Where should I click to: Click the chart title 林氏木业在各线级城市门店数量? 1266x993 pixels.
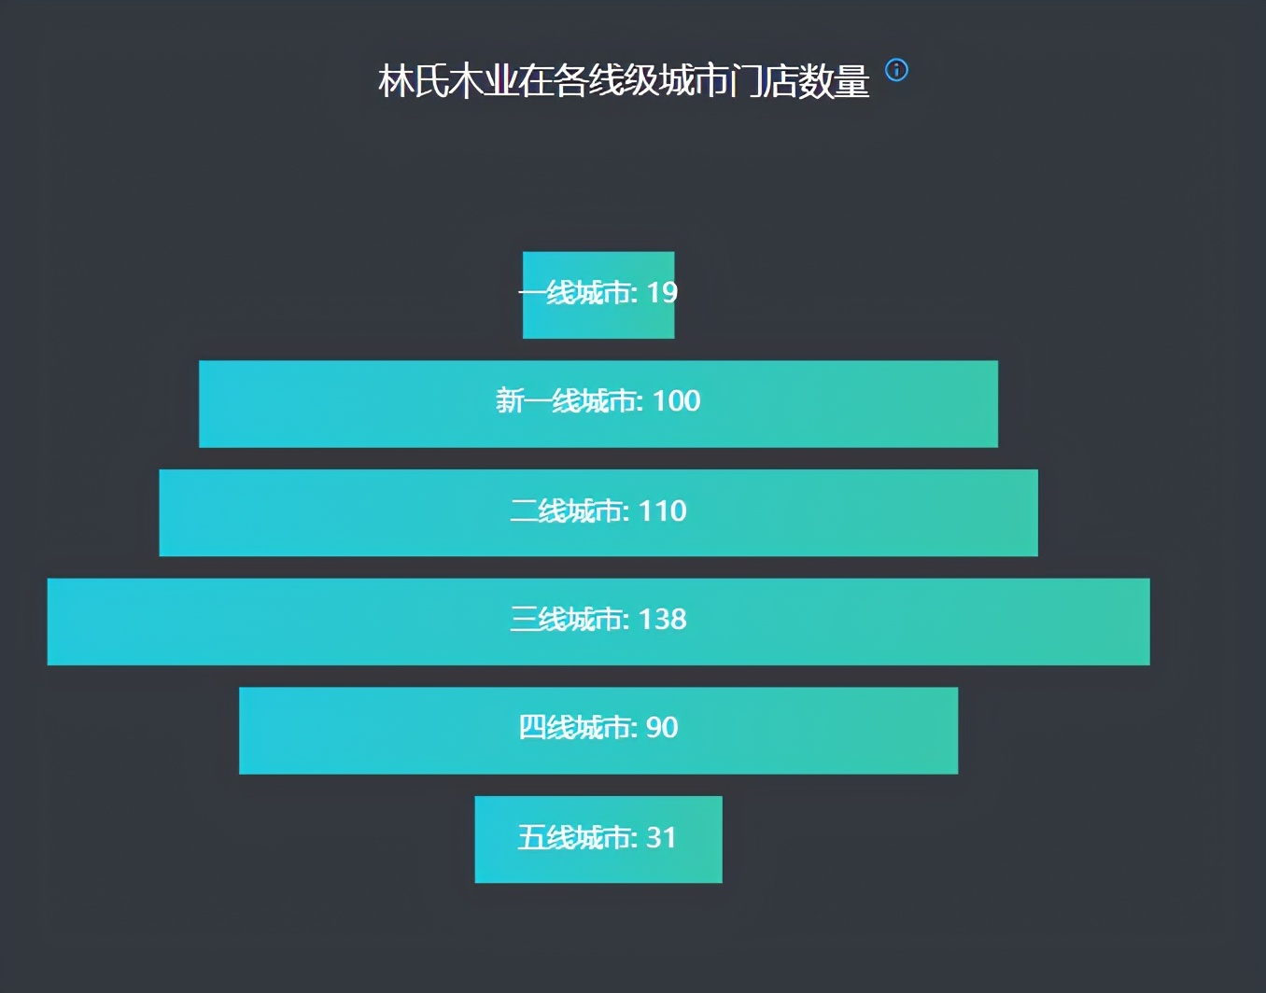[623, 81]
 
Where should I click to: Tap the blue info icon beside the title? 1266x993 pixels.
[896, 70]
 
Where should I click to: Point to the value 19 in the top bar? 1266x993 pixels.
[662, 293]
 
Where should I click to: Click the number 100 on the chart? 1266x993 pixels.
[676, 401]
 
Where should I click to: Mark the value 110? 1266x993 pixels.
[662, 511]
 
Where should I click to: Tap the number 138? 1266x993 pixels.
[662, 620]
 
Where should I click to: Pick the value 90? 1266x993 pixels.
[662, 728]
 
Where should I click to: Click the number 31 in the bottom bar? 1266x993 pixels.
[661, 838]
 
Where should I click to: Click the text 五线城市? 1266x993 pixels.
[575, 838]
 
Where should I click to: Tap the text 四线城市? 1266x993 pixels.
[575, 728]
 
